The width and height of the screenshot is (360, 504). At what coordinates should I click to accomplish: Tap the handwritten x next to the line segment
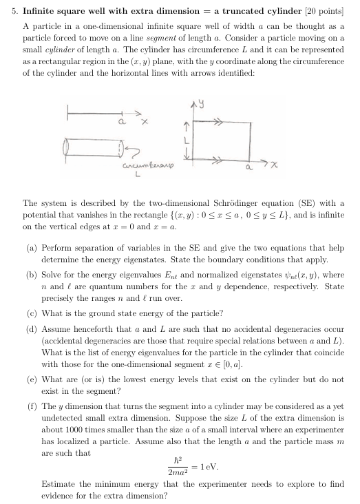point(145,123)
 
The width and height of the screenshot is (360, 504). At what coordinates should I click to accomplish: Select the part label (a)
point(31,246)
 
